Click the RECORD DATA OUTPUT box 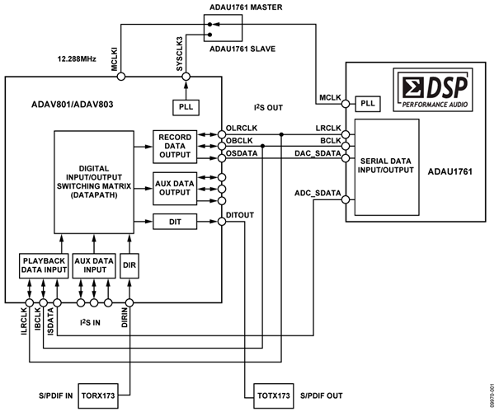[175, 145]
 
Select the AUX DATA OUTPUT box [175, 188]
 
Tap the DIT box [175, 222]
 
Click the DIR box [130, 265]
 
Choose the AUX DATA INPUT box [92, 265]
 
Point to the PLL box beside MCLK [367, 105]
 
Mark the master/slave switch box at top [224, 30]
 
